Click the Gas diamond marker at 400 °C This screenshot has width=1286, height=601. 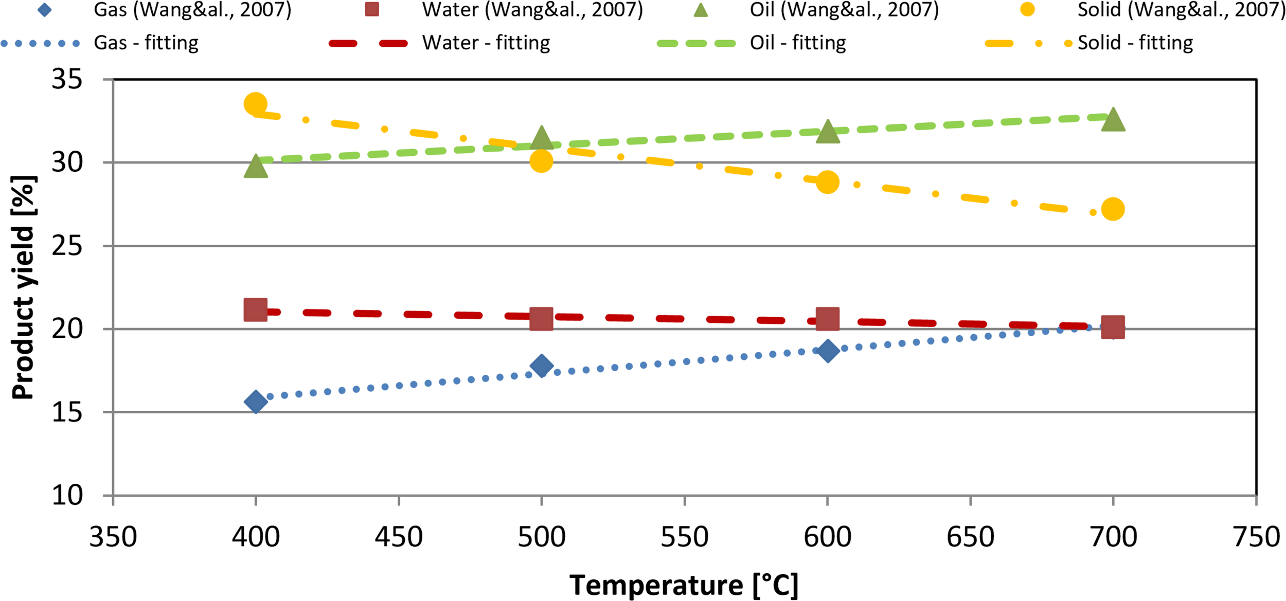click(256, 402)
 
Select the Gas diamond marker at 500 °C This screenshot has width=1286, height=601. click(541, 366)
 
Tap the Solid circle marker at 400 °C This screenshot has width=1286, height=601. click(255, 104)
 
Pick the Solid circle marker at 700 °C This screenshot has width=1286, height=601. click(1113, 209)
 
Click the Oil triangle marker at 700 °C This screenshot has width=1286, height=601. click(1113, 120)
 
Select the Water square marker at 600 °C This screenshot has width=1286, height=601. click(828, 319)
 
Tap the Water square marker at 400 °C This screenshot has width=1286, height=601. click(255, 309)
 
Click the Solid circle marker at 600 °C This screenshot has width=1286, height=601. click(827, 182)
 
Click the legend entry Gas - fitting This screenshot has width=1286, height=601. click(146, 43)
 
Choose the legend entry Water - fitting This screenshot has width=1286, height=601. click(486, 43)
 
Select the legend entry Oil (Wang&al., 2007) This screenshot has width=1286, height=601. click(844, 10)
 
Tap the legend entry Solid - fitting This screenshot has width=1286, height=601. click(1135, 43)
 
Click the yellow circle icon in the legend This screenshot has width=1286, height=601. click(1027, 9)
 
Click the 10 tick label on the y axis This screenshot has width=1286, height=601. click(67, 496)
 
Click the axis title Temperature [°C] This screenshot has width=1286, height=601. click(684, 585)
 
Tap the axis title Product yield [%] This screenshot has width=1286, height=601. click(23, 288)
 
